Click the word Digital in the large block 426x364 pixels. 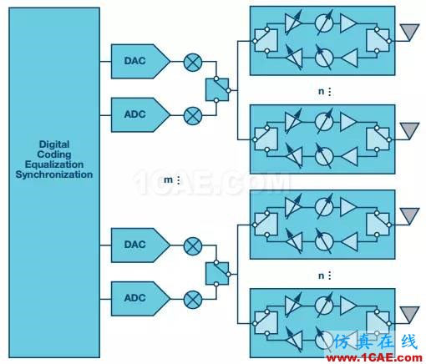coord(54,144)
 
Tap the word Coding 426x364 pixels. coord(54,154)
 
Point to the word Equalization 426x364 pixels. coord(54,164)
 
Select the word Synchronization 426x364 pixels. coord(54,174)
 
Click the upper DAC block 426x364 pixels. coord(140,61)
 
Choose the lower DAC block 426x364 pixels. coord(140,245)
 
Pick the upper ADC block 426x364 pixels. coord(140,114)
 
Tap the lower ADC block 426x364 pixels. coord(140,299)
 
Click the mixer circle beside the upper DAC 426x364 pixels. coord(193,63)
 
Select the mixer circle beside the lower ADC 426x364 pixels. coord(193,300)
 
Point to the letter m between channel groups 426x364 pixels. coord(168,180)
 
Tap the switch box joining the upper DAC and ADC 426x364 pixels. coord(217,89)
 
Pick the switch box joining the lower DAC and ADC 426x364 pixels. coord(217,274)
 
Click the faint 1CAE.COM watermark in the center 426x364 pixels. coord(211,182)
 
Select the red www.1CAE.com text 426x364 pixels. coord(374,358)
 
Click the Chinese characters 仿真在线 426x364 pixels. coord(376,341)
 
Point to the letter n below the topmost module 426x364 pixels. coord(321,91)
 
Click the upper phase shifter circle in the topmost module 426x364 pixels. coord(324,23)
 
